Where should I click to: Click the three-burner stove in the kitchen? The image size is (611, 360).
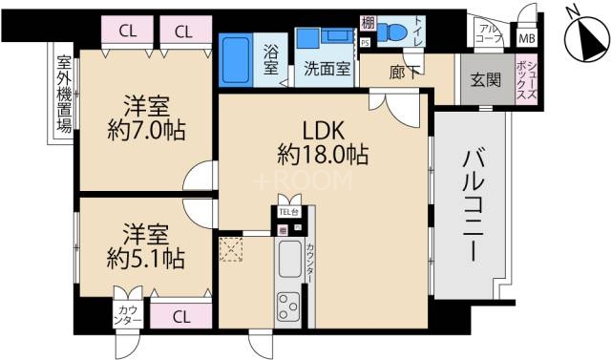tap(289, 307)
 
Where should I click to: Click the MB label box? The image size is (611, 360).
tap(527, 40)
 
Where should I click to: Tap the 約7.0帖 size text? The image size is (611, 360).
tap(146, 128)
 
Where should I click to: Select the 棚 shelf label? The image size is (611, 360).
tap(367, 23)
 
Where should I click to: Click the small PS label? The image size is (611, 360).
tap(366, 43)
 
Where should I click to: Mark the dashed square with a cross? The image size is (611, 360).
tap(232, 250)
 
